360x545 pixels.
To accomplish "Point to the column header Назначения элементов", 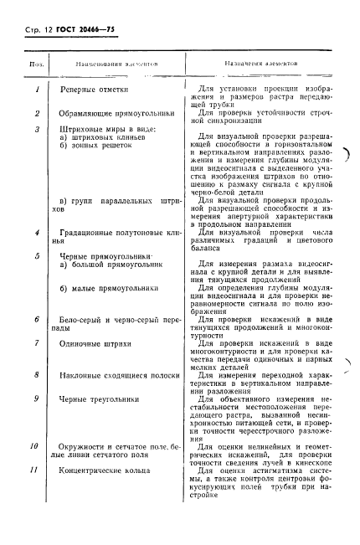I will click(261, 64).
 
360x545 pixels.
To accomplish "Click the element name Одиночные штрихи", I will click(100, 343).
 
